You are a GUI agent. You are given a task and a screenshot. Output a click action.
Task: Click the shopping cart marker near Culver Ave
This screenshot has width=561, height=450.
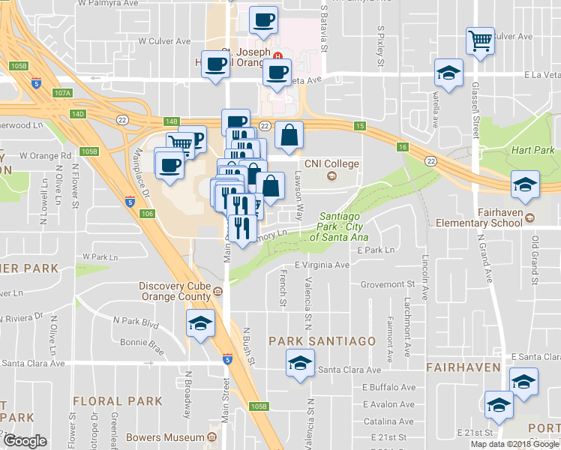(479, 41)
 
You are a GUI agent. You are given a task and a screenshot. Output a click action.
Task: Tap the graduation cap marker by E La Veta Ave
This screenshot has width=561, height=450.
(448, 73)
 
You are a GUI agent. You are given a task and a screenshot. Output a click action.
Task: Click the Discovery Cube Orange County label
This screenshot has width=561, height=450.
(176, 290)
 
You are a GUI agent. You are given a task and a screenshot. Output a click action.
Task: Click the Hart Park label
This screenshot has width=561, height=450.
(532, 150)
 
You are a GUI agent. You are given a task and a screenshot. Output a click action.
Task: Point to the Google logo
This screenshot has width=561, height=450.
(25, 441)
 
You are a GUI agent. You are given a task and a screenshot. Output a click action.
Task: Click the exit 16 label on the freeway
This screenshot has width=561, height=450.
(403, 148)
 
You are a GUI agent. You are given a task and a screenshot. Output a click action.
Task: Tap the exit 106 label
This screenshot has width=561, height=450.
(147, 214)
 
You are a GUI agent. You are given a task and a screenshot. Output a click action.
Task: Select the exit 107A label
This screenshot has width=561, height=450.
(63, 94)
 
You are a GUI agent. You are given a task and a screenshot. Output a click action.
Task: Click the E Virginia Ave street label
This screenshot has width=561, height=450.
(322, 265)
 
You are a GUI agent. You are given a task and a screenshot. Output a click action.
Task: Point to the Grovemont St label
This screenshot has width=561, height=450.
(387, 284)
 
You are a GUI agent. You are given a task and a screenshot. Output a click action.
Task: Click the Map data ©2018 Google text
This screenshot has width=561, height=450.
(514, 444)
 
